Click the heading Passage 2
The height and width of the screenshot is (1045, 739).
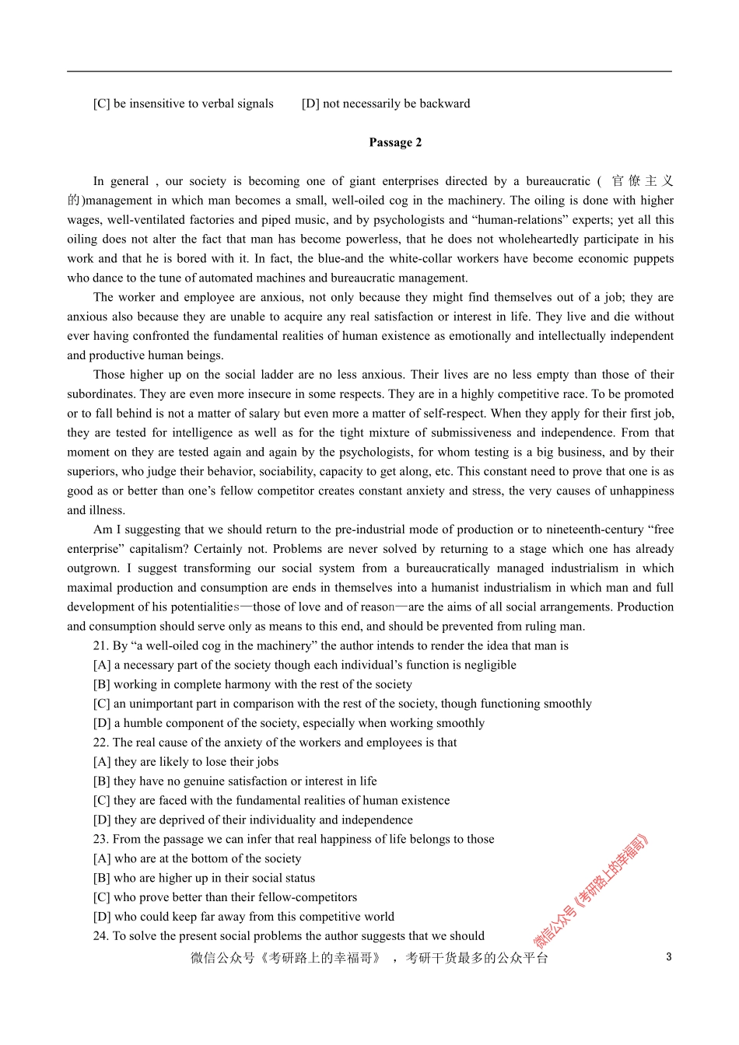click(395, 142)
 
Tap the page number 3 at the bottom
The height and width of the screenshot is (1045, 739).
click(668, 957)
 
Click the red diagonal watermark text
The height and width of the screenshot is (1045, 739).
click(591, 890)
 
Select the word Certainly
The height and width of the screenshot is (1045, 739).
click(220, 549)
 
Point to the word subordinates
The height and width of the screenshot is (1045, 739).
click(100, 394)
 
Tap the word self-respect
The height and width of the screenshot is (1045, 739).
click(451, 414)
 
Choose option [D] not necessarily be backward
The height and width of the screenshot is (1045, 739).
click(386, 103)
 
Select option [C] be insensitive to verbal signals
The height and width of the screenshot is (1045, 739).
click(183, 103)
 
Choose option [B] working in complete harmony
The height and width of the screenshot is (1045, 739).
click(252, 684)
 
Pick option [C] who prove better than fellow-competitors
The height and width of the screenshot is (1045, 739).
click(225, 897)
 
